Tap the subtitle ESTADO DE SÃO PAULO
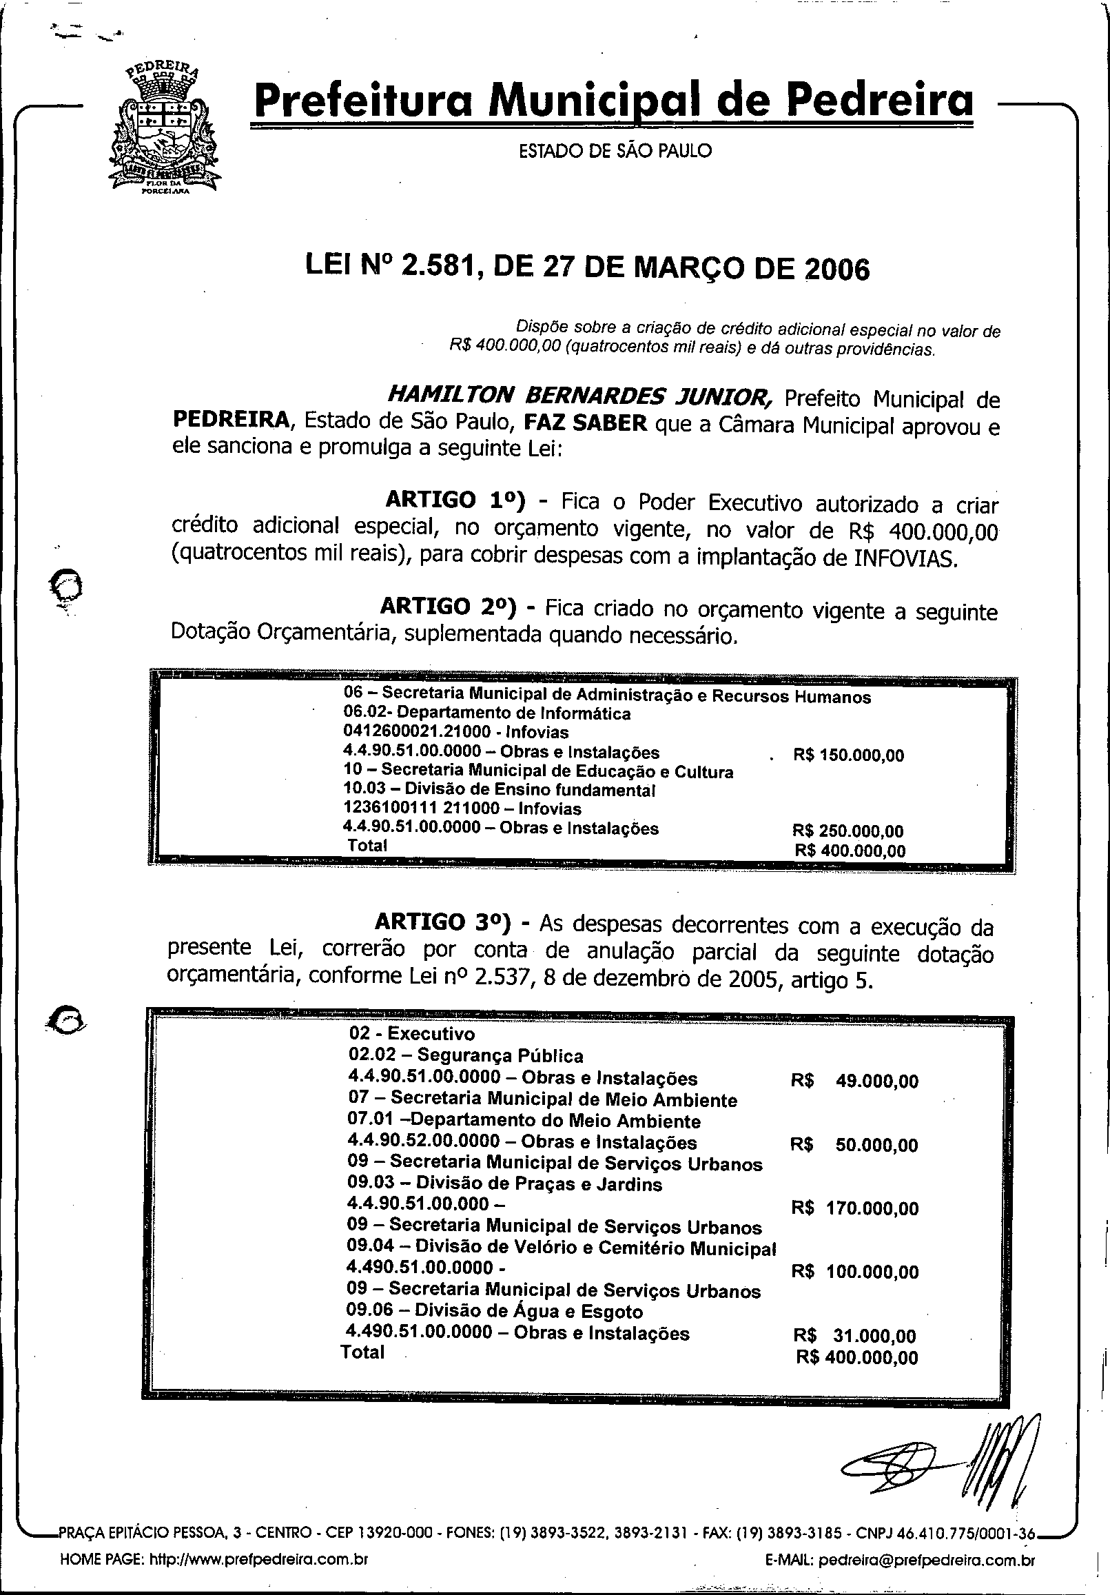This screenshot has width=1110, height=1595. (615, 151)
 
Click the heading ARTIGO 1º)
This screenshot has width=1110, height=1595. (454, 500)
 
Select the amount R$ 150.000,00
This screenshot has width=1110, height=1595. (848, 756)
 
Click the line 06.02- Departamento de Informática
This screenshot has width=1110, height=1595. (487, 713)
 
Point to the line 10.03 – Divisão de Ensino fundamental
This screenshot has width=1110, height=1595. (500, 790)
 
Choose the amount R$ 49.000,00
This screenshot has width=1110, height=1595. (854, 1081)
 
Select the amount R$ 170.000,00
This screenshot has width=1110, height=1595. (854, 1209)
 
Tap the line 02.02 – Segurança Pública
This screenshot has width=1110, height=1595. (465, 1057)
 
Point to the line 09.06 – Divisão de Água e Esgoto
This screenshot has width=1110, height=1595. (495, 1312)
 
